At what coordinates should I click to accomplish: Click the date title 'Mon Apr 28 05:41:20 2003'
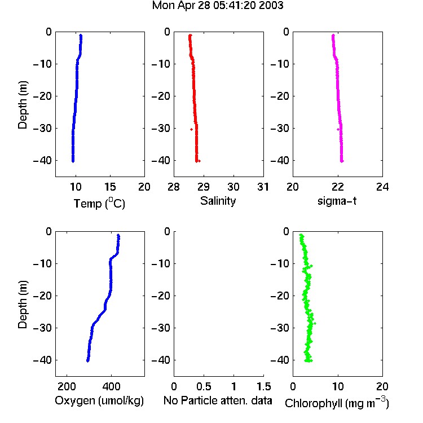[218, 6]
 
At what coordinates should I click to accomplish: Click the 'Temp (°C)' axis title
[99, 203]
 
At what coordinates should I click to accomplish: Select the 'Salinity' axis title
[218, 201]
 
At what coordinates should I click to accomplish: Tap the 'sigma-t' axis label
[337, 201]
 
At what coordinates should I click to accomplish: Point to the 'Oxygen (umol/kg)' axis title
[99, 400]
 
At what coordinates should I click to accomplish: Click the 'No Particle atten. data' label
[218, 400]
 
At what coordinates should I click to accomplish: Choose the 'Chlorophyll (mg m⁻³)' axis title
[337, 402]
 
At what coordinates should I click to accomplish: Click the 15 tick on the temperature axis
[110, 187]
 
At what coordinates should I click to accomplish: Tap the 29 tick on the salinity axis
[204, 187]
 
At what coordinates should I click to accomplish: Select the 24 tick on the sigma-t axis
[382, 187]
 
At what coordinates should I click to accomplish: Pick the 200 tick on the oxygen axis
[67, 386]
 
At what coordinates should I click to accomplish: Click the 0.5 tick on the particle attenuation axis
[204, 386]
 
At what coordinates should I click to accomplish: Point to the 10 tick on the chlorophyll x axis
[338, 386]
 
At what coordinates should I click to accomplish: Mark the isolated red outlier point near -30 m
[192, 130]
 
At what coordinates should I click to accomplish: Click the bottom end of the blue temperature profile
[73, 161]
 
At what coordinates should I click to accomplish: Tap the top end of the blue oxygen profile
[118, 235]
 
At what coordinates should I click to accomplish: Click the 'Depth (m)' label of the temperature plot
[23, 105]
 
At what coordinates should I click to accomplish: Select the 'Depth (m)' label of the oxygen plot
[23, 305]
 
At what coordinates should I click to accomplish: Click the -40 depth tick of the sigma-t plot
[280, 161]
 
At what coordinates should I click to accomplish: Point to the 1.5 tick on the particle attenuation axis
[264, 386]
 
